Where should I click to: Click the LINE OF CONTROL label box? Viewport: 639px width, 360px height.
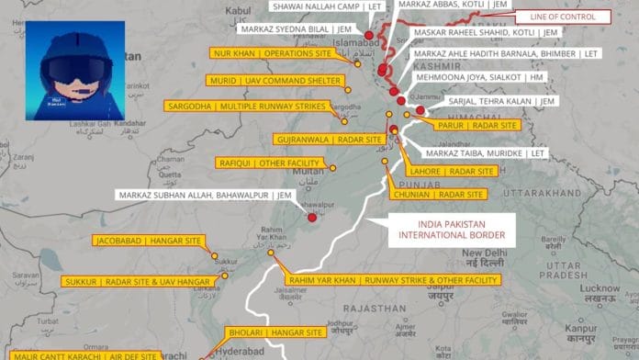pyautogui.click(x=563, y=17)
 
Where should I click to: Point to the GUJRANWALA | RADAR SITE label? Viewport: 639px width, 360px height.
pyautogui.click(x=328, y=139)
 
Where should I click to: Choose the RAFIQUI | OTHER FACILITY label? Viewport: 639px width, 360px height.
pyautogui.click(x=262, y=163)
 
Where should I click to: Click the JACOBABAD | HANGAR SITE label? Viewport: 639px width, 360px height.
pyautogui.click(x=148, y=242)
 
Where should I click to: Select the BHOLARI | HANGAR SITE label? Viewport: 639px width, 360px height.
pyautogui.click(x=274, y=332)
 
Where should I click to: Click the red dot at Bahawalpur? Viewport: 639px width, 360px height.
pyautogui.click(x=312, y=218)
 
